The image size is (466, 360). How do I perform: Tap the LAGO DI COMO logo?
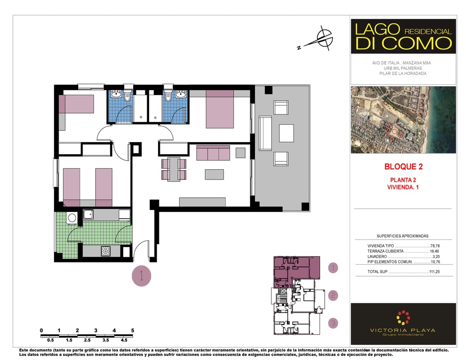[x=403, y=37]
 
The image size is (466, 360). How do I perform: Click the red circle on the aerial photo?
[x=395, y=131]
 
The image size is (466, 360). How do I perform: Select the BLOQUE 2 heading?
[x=403, y=167]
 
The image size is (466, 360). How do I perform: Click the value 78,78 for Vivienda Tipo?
[x=435, y=246]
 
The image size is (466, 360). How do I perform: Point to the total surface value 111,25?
[x=435, y=272]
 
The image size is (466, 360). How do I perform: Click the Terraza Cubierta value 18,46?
[x=435, y=251]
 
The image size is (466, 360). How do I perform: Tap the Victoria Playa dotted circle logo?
[x=403, y=318]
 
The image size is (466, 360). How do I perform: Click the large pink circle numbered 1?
[x=142, y=276]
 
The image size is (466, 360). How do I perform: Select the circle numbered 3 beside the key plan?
[x=333, y=323]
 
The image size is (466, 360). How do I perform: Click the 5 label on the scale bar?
[x=133, y=330]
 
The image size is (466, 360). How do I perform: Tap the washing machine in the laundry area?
[x=72, y=218]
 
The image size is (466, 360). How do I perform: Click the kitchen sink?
[x=88, y=214]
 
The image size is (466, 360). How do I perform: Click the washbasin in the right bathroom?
[x=180, y=95]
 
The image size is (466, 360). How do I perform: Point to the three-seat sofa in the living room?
[x=213, y=153]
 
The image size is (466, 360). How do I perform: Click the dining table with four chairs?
[x=174, y=169]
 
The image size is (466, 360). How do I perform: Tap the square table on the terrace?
[x=286, y=134]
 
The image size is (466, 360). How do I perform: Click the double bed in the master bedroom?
[x=220, y=109]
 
